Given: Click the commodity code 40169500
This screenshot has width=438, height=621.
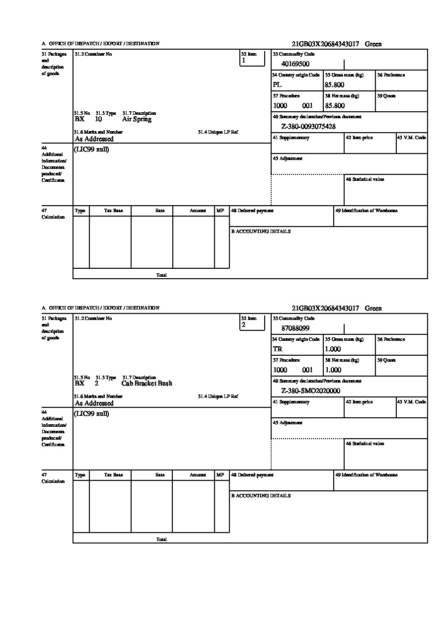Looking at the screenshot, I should [295, 64].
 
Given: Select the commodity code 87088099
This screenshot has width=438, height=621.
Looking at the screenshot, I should [295, 328].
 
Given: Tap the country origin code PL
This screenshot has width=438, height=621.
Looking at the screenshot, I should [277, 85].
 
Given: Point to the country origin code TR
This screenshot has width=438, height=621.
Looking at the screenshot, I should [278, 349].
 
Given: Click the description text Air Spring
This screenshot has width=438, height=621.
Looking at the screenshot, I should [137, 119].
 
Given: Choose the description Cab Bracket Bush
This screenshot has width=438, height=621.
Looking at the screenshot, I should [146, 384].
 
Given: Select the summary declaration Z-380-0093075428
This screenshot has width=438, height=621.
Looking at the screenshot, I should [308, 127].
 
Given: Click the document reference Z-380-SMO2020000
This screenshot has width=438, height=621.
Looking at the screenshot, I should [310, 391].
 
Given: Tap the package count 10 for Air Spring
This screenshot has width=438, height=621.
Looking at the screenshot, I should [98, 119].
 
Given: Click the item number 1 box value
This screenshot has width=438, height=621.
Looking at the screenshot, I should [243, 61].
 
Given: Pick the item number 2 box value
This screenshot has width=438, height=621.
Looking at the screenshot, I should [243, 325].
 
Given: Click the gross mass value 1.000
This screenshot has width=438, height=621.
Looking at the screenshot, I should [333, 349].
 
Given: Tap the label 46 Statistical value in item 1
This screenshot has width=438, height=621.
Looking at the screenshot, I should [365, 179].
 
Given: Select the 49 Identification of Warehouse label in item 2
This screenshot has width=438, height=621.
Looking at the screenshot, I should [366, 475].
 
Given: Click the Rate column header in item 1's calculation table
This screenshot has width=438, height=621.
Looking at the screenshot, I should [160, 211].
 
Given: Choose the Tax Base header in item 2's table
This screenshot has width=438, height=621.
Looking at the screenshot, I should [114, 475].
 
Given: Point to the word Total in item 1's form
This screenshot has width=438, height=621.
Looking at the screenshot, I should [161, 275].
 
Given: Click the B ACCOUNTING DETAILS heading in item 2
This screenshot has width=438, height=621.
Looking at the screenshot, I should [261, 496].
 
